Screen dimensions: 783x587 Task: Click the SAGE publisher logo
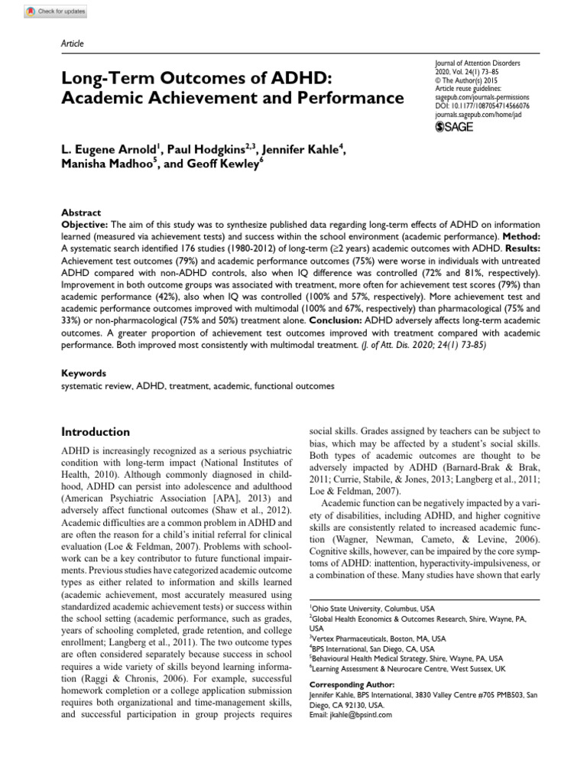(x=453, y=128)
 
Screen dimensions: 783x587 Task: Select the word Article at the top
(x=72, y=44)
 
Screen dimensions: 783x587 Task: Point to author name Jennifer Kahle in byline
(x=301, y=151)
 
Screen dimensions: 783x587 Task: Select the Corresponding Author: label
(x=352, y=684)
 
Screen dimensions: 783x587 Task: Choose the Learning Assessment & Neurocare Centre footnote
(x=411, y=668)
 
